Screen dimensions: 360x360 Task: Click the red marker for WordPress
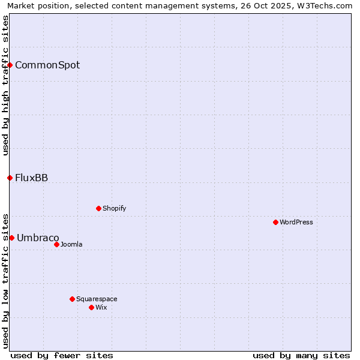(275, 222)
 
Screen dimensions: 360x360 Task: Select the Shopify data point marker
(98, 208)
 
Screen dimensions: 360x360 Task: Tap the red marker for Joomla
(56, 244)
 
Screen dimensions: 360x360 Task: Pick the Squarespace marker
(72, 299)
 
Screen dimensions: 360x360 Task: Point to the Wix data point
(91, 307)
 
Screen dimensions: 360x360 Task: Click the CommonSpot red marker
(10, 65)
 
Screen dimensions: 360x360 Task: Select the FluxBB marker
(10, 178)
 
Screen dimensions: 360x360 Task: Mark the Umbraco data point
(11, 238)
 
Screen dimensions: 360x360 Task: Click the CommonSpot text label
(47, 65)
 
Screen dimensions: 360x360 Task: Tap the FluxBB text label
(32, 178)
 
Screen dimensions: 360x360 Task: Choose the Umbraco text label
(38, 238)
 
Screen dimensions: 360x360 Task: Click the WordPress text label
(296, 222)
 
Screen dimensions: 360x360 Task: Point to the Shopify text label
(115, 208)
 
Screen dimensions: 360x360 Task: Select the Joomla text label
(71, 244)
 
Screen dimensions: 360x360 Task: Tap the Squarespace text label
(97, 299)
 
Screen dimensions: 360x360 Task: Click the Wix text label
(101, 307)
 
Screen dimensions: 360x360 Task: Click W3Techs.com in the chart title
(328, 5)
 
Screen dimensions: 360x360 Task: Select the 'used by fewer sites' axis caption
(62, 355)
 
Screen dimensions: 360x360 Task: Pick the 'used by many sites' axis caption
(301, 355)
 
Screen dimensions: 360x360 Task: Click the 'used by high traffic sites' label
(5, 85)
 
